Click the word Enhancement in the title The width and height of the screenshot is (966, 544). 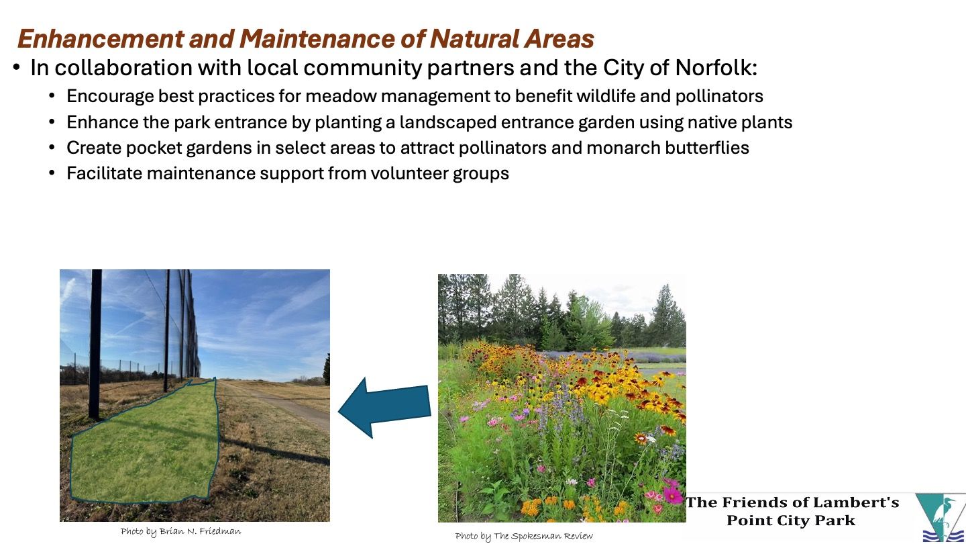coord(101,38)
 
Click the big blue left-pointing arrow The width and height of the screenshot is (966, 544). coord(384,408)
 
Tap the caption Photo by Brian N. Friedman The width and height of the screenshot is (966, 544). coord(180,531)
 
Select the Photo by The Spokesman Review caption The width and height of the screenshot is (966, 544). coord(524,536)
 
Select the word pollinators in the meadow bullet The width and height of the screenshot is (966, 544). coord(719,96)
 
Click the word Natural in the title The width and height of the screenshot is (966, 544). coord(474,38)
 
